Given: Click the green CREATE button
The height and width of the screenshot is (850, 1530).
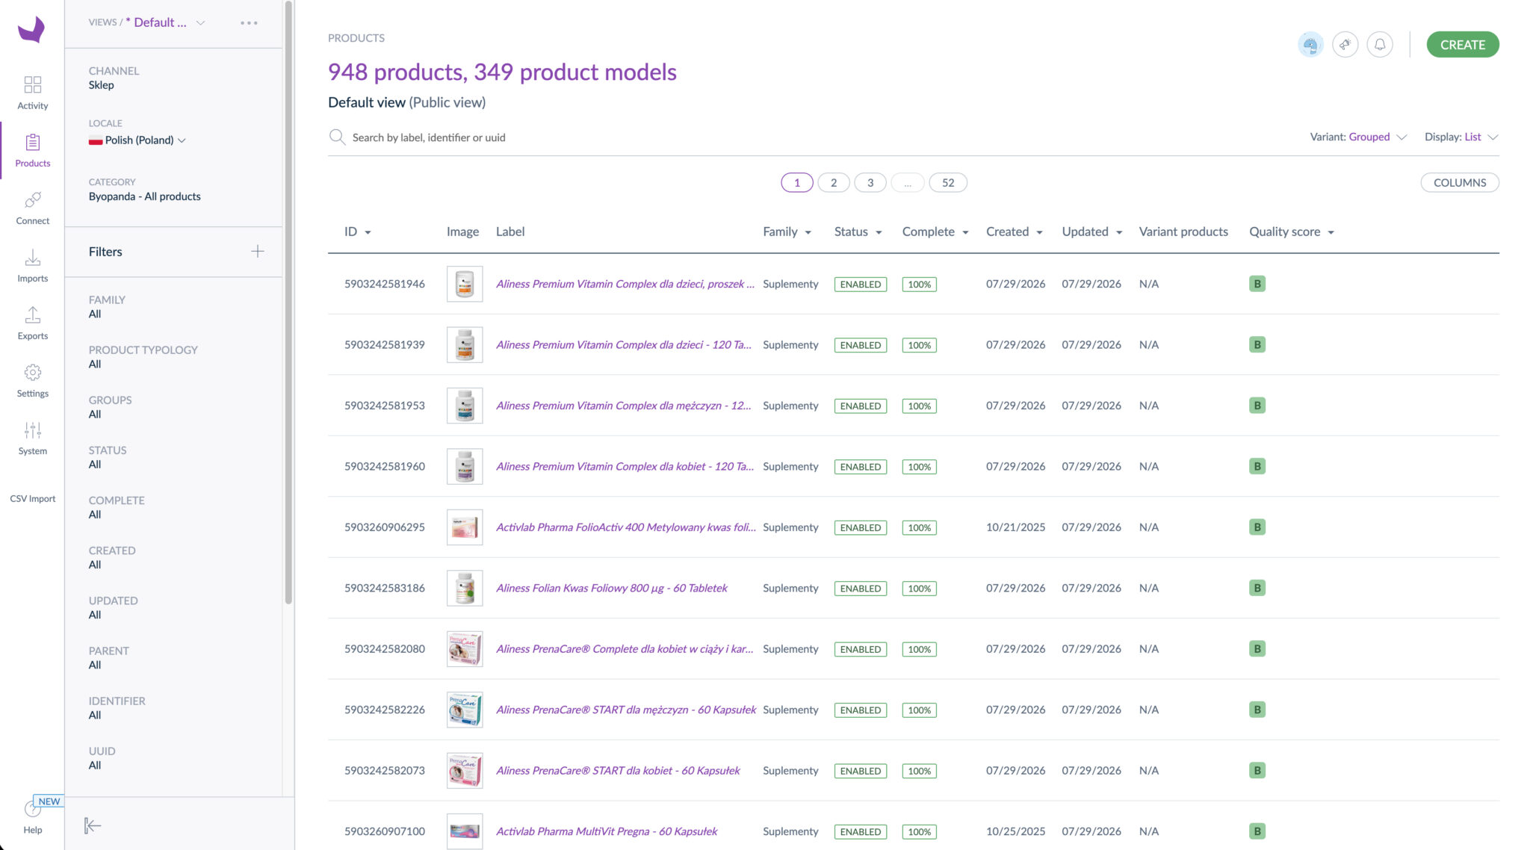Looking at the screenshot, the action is (1462, 45).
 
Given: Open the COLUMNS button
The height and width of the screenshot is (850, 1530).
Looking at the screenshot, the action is (1459, 183).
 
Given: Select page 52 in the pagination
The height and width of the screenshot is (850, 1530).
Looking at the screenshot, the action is (947, 183).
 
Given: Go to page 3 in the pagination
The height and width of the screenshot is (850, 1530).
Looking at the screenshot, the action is (870, 183).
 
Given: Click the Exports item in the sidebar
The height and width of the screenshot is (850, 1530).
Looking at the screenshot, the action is (32, 323).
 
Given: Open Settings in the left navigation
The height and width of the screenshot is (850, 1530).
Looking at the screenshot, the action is (32, 380).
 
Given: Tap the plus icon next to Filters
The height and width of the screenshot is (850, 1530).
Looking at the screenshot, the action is (257, 252).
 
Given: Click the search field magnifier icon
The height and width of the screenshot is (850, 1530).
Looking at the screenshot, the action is (337, 137).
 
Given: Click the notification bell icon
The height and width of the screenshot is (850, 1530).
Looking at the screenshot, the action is (1379, 45).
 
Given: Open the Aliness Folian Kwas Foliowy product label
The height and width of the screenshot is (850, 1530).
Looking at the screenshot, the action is (611, 589).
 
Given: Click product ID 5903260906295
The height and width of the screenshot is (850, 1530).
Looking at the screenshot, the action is (384, 527).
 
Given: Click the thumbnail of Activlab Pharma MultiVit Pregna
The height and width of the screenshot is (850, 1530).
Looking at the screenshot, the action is (464, 831).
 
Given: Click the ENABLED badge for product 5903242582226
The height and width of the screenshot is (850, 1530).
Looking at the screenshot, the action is (860, 710).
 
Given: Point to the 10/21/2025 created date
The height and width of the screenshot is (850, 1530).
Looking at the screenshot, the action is (1015, 527).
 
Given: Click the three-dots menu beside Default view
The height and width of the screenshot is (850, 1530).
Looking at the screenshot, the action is (249, 23).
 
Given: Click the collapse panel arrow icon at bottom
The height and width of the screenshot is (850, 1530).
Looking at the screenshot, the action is (93, 825).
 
